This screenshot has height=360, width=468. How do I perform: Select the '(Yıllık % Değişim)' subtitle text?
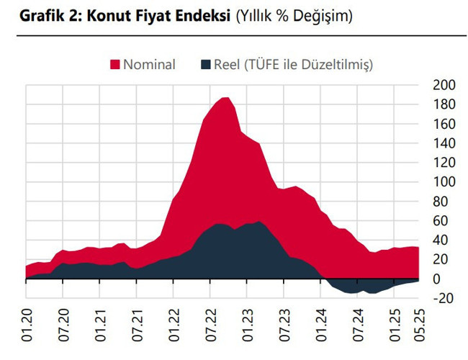(294, 15)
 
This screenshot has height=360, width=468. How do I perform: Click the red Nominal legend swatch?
(114, 65)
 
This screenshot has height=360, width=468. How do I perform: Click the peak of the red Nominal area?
(225, 98)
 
